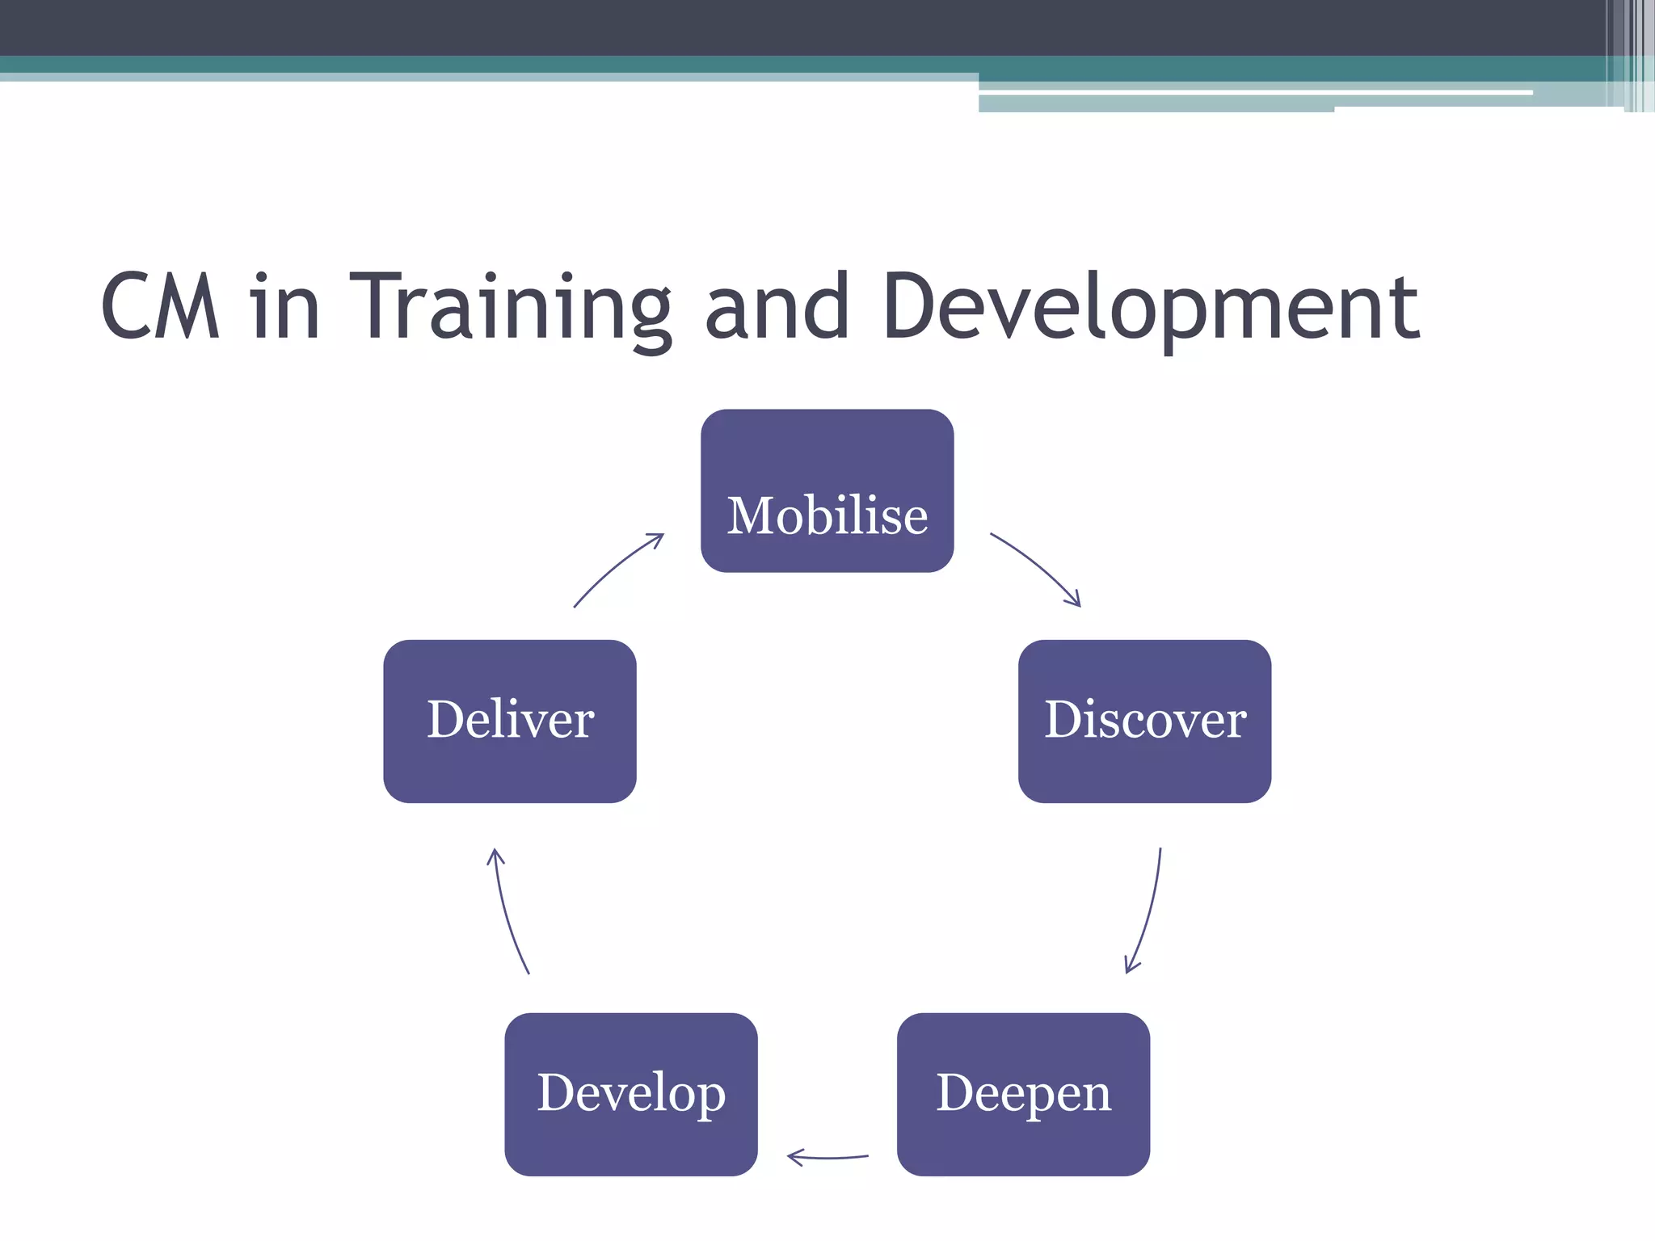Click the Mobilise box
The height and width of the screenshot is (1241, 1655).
click(827, 490)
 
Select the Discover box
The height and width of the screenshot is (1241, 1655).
click(1144, 721)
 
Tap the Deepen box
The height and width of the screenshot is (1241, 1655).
click(1023, 1094)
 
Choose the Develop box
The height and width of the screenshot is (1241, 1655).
click(631, 1094)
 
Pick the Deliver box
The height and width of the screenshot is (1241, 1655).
click(510, 721)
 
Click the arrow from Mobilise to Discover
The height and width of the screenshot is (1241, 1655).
click(1037, 565)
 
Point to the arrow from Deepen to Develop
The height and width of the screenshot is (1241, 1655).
click(828, 1158)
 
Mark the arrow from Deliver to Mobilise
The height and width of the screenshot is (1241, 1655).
click(617, 566)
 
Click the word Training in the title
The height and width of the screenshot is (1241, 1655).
click(510, 307)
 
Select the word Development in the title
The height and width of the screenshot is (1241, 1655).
click(1151, 307)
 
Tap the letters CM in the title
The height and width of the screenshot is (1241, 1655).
click(160, 307)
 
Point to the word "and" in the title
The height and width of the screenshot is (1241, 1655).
click(777, 307)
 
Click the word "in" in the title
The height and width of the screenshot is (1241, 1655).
click(284, 307)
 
